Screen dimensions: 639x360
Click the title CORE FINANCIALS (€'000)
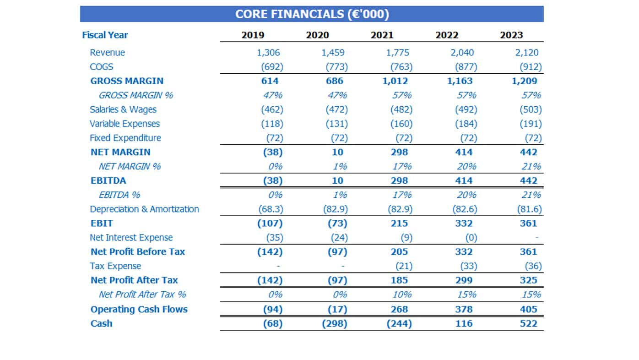click(312, 14)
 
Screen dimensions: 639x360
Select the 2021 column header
click(382, 35)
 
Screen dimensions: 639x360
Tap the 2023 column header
click(511, 35)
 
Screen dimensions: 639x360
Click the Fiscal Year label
click(105, 35)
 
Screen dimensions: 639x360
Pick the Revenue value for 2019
click(268, 53)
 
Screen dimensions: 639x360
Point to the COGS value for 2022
click(466, 67)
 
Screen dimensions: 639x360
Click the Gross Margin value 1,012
click(395, 81)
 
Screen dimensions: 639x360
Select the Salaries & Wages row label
click(123, 109)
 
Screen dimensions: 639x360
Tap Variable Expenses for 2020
click(336, 124)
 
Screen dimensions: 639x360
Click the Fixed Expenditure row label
click(125, 138)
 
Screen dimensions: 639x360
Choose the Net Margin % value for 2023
click(531, 166)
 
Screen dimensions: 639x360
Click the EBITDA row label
click(108, 181)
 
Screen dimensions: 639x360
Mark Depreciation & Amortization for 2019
click(271, 209)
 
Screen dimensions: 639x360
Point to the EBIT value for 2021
click(399, 223)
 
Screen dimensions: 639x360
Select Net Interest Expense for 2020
click(339, 238)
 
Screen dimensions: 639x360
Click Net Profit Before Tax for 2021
click(399, 252)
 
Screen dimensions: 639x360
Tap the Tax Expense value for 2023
click(533, 266)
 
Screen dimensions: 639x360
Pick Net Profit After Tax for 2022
click(464, 280)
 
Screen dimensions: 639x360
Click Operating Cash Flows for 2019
click(273, 310)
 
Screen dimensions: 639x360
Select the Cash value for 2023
click(528, 324)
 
